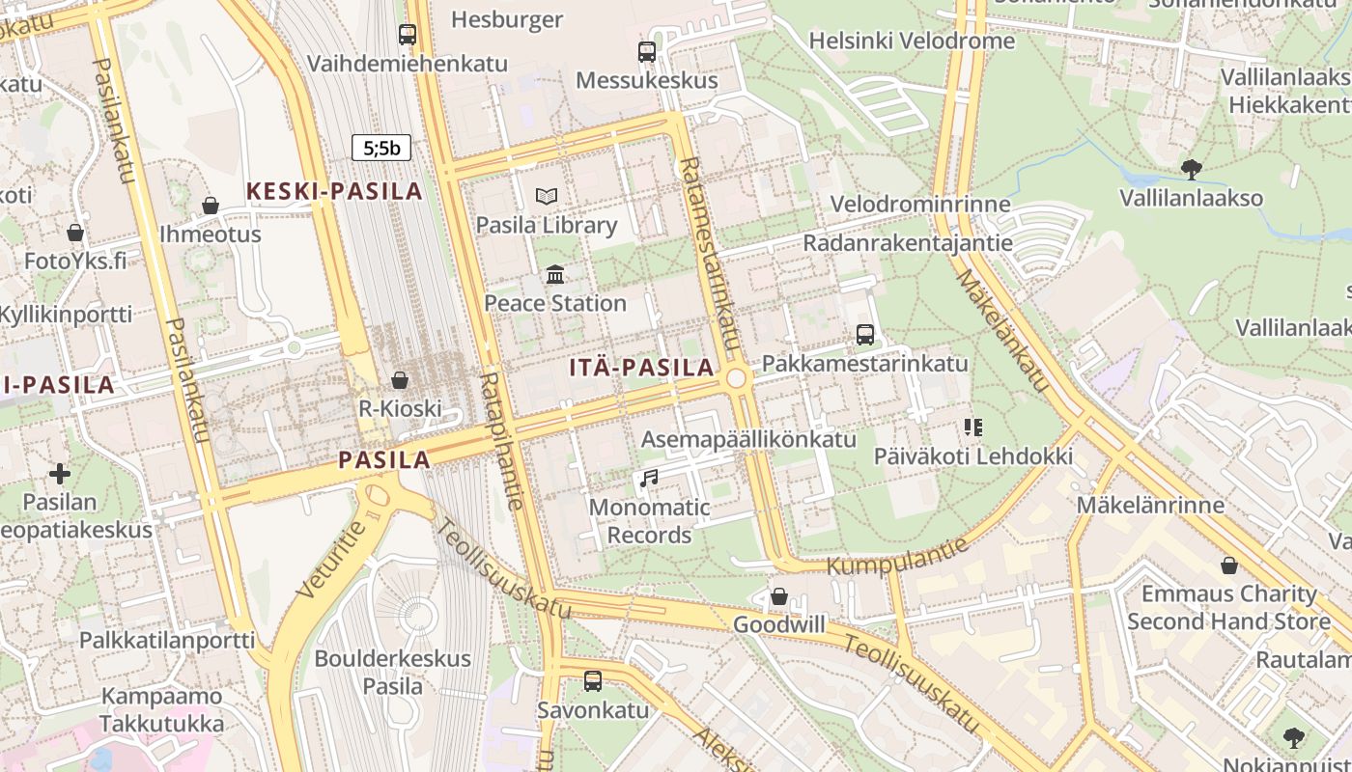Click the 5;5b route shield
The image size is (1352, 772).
pyautogui.click(x=381, y=148)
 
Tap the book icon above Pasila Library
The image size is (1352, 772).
pyautogui.click(x=547, y=197)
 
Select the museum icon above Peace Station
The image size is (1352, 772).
pyautogui.click(x=555, y=275)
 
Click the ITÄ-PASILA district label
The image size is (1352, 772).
pyautogui.click(x=641, y=368)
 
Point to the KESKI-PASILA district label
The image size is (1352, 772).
pyautogui.click(x=334, y=191)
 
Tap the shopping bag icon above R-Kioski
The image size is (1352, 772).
pyautogui.click(x=400, y=380)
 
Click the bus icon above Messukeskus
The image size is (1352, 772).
pyautogui.click(x=646, y=52)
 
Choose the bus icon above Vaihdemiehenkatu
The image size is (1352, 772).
pyautogui.click(x=408, y=35)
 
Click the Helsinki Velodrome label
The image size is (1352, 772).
pyautogui.click(x=912, y=41)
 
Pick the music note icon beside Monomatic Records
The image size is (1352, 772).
pyautogui.click(x=649, y=478)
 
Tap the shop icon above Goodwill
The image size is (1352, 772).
pyautogui.click(x=779, y=596)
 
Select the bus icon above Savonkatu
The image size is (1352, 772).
pyautogui.click(x=593, y=681)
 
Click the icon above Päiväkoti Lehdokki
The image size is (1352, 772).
pyautogui.click(x=972, y=427)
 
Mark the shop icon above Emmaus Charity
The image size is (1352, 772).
pyautogui.click(x=1229, y=565)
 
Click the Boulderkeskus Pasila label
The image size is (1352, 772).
pyautogui.click(x=392, y=673)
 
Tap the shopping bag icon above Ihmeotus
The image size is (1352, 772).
pyautogui.click(x=210, y=206)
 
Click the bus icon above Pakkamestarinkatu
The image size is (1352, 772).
pyautogui.click(x=865, y=335)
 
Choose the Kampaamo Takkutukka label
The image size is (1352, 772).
pyautogui.click(x=161, y=709)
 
